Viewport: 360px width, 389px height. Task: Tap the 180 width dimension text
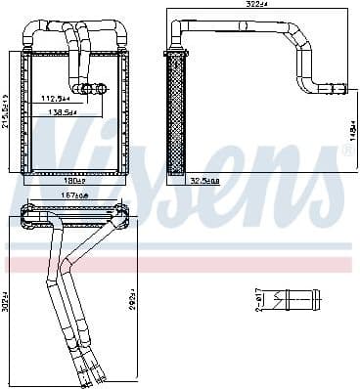coord(74,180)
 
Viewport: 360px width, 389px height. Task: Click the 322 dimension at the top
coord(258,6)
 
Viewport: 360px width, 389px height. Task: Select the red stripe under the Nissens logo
coord(176,264)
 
